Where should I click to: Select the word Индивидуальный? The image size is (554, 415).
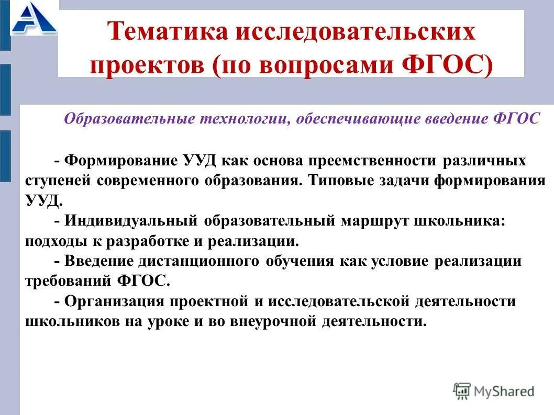[x=131, y=220]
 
